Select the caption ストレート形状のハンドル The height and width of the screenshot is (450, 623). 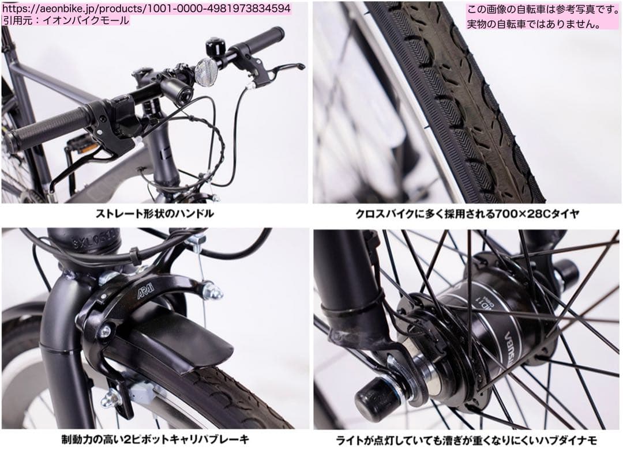[155, 214]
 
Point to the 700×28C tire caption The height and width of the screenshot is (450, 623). [467, 214]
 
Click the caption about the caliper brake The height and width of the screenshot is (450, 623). [155, 440]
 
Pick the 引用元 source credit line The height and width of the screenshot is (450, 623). [65, 20]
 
